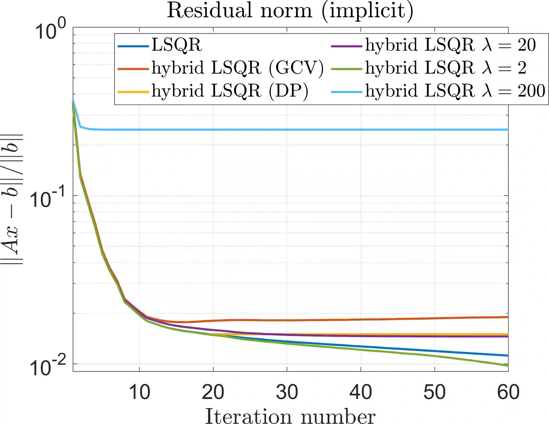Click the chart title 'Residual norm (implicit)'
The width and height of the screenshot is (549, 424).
pos(290,11)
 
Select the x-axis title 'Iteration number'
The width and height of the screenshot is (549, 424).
pos(290,416)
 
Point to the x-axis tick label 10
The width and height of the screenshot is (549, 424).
pos(139,392)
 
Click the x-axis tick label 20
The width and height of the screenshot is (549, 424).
pos(213,392)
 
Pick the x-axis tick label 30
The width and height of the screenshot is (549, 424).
pos(287,392)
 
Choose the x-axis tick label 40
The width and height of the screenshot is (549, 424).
pos(361,392)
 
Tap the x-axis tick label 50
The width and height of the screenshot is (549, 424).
pos(435,392)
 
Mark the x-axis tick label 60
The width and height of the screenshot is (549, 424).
pos(508,392)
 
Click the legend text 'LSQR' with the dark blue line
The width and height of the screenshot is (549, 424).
pos(177,45)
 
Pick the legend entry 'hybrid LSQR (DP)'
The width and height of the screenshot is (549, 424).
pos(230,91)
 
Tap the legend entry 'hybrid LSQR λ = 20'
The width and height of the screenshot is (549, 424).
pos(450,45)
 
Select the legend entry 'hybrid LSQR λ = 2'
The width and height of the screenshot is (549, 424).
pos(446,68)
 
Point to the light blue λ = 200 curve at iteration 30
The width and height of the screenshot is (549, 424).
pos(287,129)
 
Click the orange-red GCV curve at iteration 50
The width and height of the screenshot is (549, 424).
pos(435,318)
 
